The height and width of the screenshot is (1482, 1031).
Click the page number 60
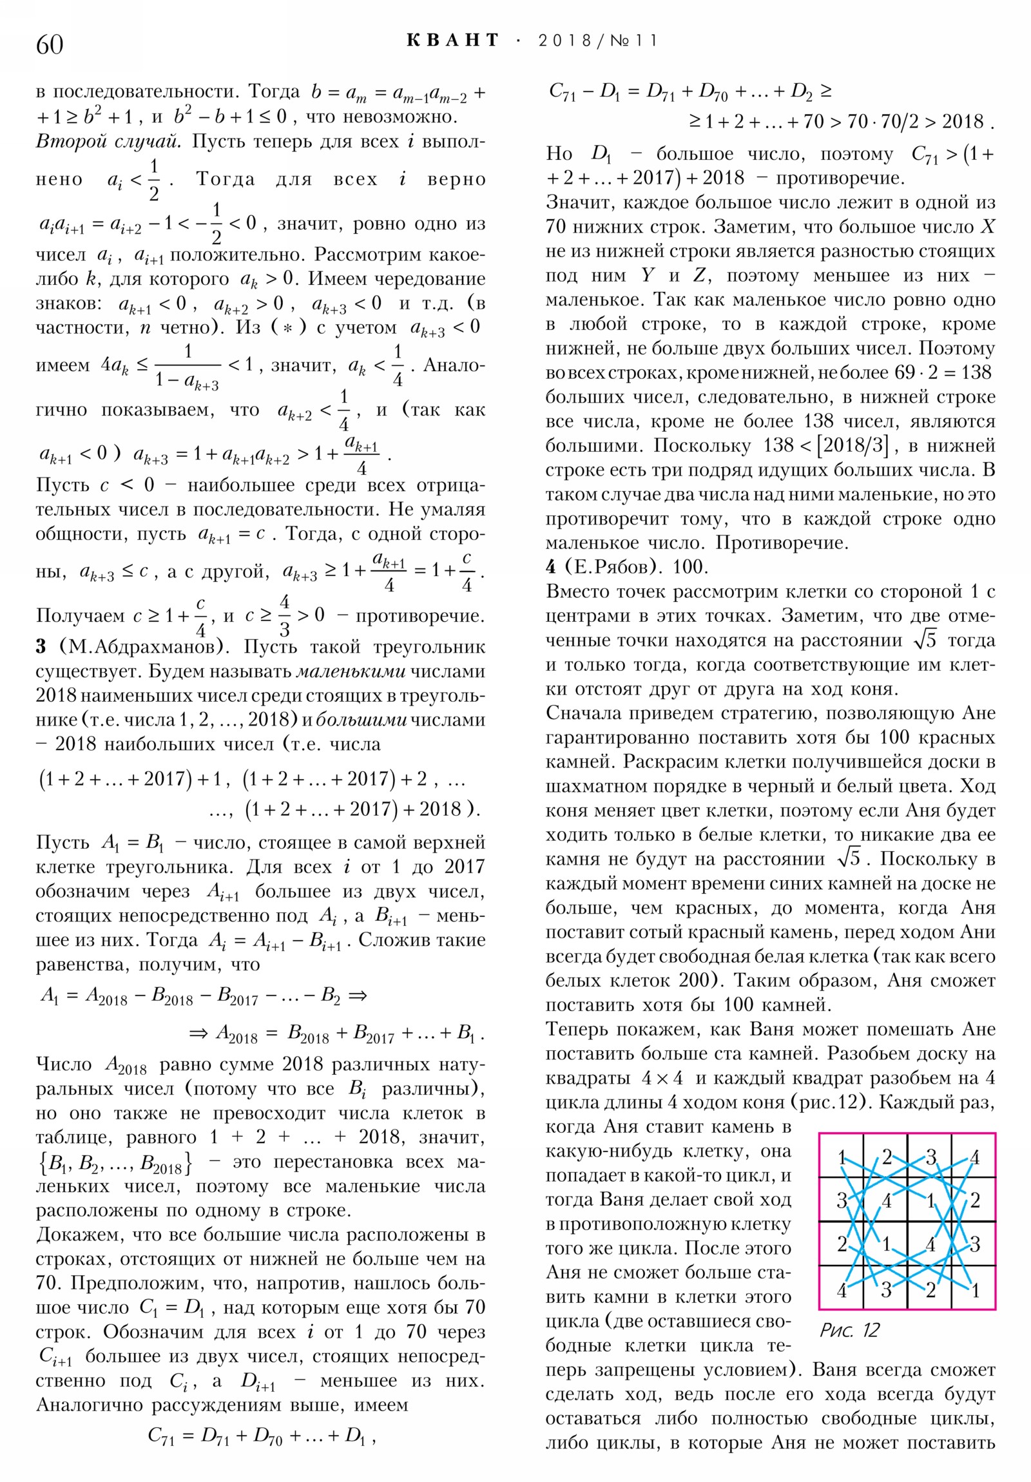(x=50, y=44)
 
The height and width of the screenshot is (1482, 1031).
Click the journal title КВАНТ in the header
(x=452, y=41)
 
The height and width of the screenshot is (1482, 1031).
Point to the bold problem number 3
(x=41, y=646)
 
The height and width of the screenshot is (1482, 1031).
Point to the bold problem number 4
(x=551, y=567)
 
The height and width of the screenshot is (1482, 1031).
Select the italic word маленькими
(x=351, y=671)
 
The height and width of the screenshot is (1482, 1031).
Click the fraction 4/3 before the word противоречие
(x=285, y=615)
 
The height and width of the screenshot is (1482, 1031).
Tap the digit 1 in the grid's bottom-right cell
(x=974, y=1289)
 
